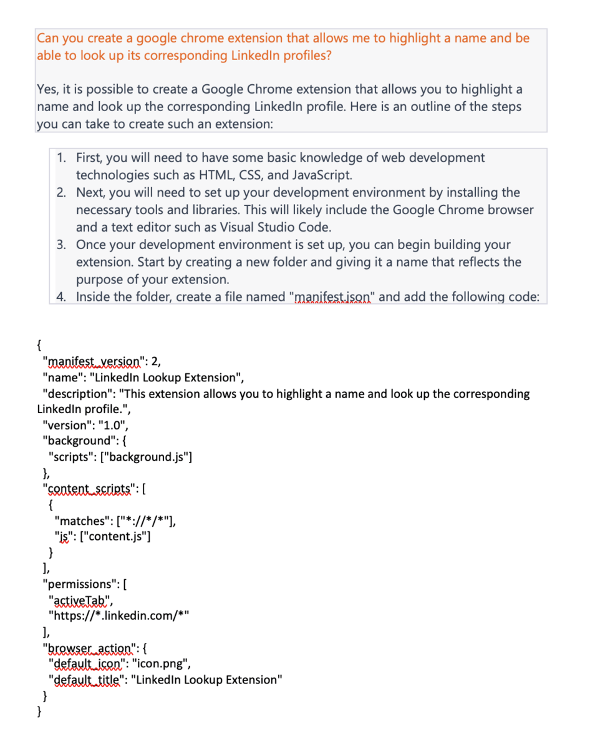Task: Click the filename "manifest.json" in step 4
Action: tap(332, 297)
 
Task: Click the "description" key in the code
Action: tap(74, 394)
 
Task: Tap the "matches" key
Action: tap(80, 521)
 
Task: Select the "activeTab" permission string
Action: tap(79, 600)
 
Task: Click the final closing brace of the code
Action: tap(40, 711)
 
